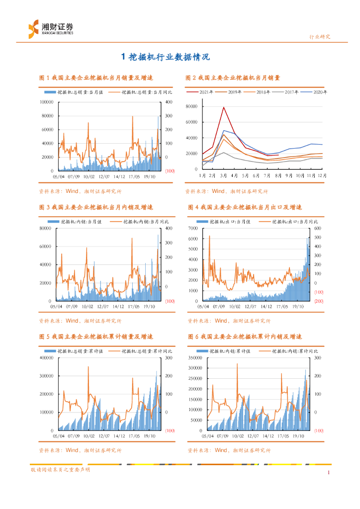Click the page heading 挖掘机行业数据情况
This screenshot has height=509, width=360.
pyautogui.click(x=166, y=57)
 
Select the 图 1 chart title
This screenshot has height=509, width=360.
pyautogui.click(x=96, y=78)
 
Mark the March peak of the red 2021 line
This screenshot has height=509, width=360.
pyautogui.click(x=224, y=107)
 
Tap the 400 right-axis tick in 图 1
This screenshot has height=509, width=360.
pyautogui.click(x=169, y=102)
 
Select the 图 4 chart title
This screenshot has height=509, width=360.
pyautogui.click(x=245, y=207)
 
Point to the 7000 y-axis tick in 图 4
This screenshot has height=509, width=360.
pyautogui.click(x=193, y=228)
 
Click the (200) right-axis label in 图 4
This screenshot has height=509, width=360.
pyautogui.click(x=319, y=301)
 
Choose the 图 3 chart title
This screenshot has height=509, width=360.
pyautogui.click(x=96, y=207)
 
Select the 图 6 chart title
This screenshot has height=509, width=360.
pyautogui.click(x=245, y=337)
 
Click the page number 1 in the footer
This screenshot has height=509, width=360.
pyautogui.click(x=329, y=472)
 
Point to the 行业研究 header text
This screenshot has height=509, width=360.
pyautogui.click(x=320, y=37)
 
